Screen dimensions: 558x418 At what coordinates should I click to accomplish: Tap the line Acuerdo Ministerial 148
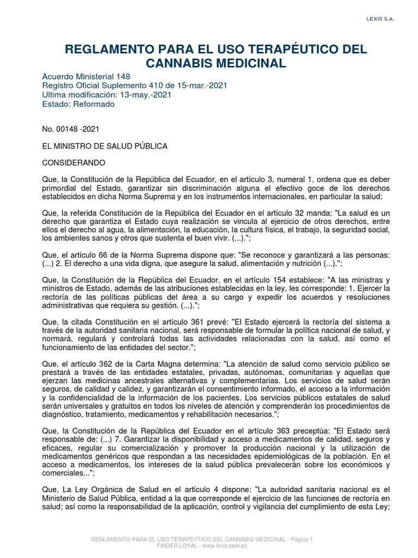tap(86, 77)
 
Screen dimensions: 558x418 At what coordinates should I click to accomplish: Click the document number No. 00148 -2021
tap(71, 129)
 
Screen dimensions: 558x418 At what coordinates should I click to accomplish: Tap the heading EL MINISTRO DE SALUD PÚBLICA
tap(105, 147)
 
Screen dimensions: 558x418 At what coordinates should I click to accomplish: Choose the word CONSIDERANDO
tap(73, 163)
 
